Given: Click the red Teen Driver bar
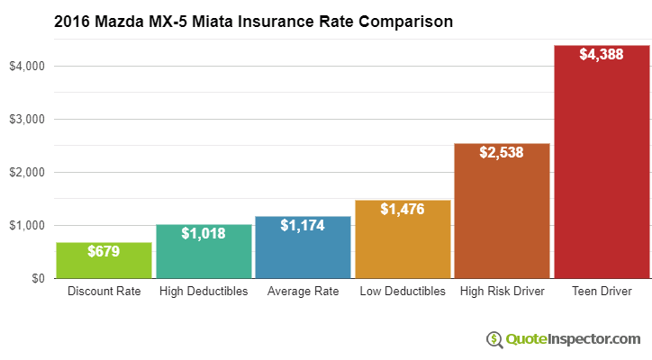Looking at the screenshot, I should tap(602, 171).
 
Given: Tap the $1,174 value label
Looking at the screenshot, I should tap(303, 225).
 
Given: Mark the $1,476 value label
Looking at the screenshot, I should tap(403, 209).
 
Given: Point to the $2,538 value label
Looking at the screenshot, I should tap(502, 153).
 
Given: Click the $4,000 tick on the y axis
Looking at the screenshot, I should tap(27, 67).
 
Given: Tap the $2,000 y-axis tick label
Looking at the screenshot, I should tap(27, 173).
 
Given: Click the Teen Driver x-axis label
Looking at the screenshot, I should tap(602, 292).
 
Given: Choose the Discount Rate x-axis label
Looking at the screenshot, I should tap(104, 292).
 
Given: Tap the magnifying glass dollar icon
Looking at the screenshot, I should tap(494, 339).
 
